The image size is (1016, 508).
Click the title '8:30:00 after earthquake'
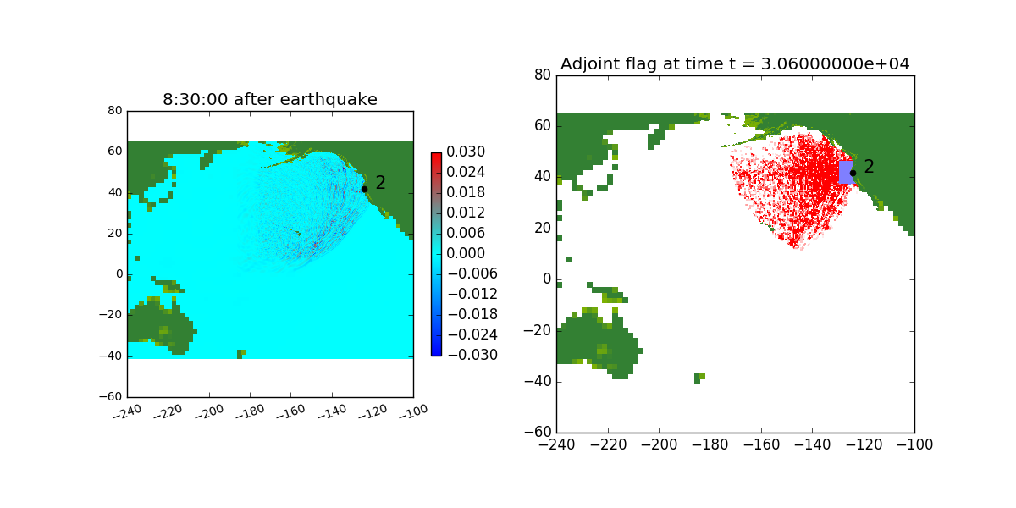click(x=270, y=100)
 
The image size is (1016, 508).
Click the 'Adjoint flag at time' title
click(x=735, y=64)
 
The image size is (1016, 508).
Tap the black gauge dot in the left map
click(x=365, y=189)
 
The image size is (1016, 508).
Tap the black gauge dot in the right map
click(x=853, y=173)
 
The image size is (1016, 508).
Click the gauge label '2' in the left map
click(x=380, y=183)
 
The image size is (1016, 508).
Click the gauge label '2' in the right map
click(x=869, y=167)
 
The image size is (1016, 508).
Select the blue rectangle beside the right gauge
click(x=845, y=172)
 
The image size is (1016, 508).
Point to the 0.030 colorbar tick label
click(x=467, y=152)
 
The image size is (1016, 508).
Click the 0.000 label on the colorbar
click(x=467, y=253)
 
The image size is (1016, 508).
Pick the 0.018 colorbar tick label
click(x=467, y=192)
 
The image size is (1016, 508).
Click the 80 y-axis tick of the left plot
click(x=115, y=110)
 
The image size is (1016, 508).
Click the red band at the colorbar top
click(x=436, y=157)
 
